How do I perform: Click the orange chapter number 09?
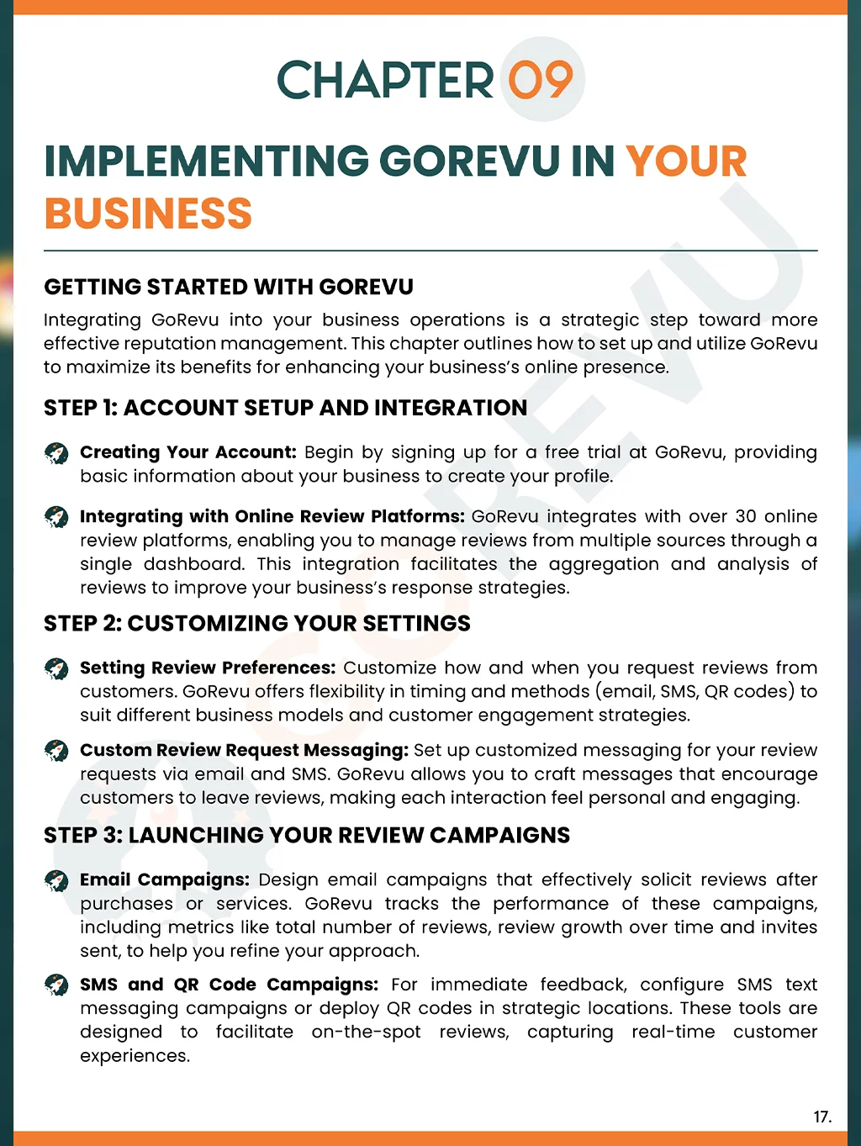click(541, 81)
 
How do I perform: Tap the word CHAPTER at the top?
click(385, 81)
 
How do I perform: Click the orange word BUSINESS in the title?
click(148, 214)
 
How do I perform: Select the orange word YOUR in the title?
click(686, 161)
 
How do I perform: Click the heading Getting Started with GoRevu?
click(229, 287)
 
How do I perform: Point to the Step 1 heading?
click(285, 408)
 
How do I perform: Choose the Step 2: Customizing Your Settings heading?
click(256, 623)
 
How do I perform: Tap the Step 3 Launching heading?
click(307, 835)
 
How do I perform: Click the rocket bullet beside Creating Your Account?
click(56, 453)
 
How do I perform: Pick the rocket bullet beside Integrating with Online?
click(56, 517)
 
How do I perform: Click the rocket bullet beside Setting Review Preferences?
click(56, 668)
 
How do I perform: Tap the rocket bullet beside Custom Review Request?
click(56, 750)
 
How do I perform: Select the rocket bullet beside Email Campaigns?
click(56, 880)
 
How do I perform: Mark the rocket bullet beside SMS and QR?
click(56, 985)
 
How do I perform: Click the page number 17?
click(821, 1117)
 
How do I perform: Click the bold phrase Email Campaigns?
click(165, 879)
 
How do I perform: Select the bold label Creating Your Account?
click(188, 452)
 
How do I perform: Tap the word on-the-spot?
click(366, 1032)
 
